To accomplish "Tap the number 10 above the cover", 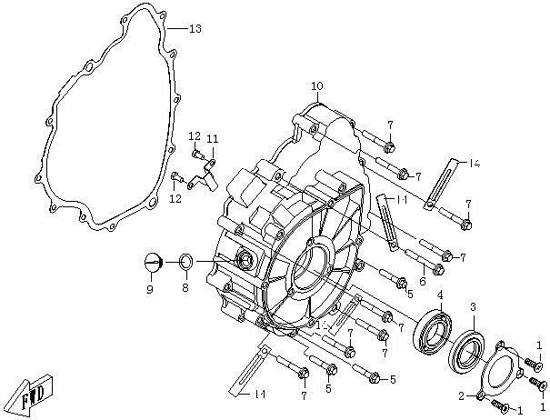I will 316,86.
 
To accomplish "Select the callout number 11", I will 212,138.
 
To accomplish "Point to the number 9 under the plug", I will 150,289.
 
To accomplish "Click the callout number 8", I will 185,288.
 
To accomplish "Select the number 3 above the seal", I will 473,309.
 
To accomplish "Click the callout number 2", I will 462,395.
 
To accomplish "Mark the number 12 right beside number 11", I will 194,136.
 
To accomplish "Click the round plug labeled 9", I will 152,263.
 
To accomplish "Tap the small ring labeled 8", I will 184,263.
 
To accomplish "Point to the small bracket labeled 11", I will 208,169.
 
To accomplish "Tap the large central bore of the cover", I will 307,268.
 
